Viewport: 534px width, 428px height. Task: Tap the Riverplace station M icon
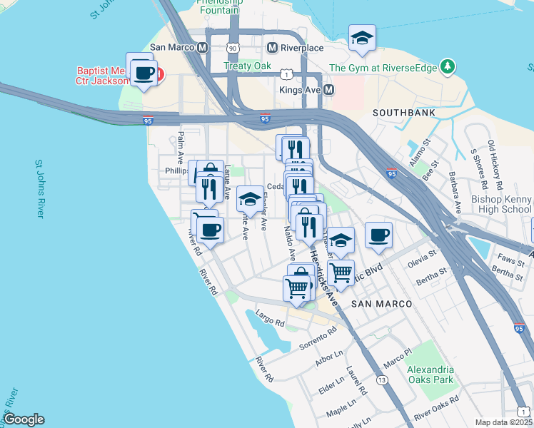point(272,48)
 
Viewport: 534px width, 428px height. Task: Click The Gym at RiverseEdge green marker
point(448,68)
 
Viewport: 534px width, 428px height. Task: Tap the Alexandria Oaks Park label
point(430,374)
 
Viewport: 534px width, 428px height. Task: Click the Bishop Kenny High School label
point(502,204)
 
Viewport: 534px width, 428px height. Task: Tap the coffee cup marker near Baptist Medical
point(144,73)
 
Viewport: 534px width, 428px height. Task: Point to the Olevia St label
point(421,258)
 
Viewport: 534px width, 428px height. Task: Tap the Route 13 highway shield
point(383,381)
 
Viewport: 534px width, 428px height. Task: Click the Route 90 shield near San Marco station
point(233,48)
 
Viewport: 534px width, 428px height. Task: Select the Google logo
point(23,419)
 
